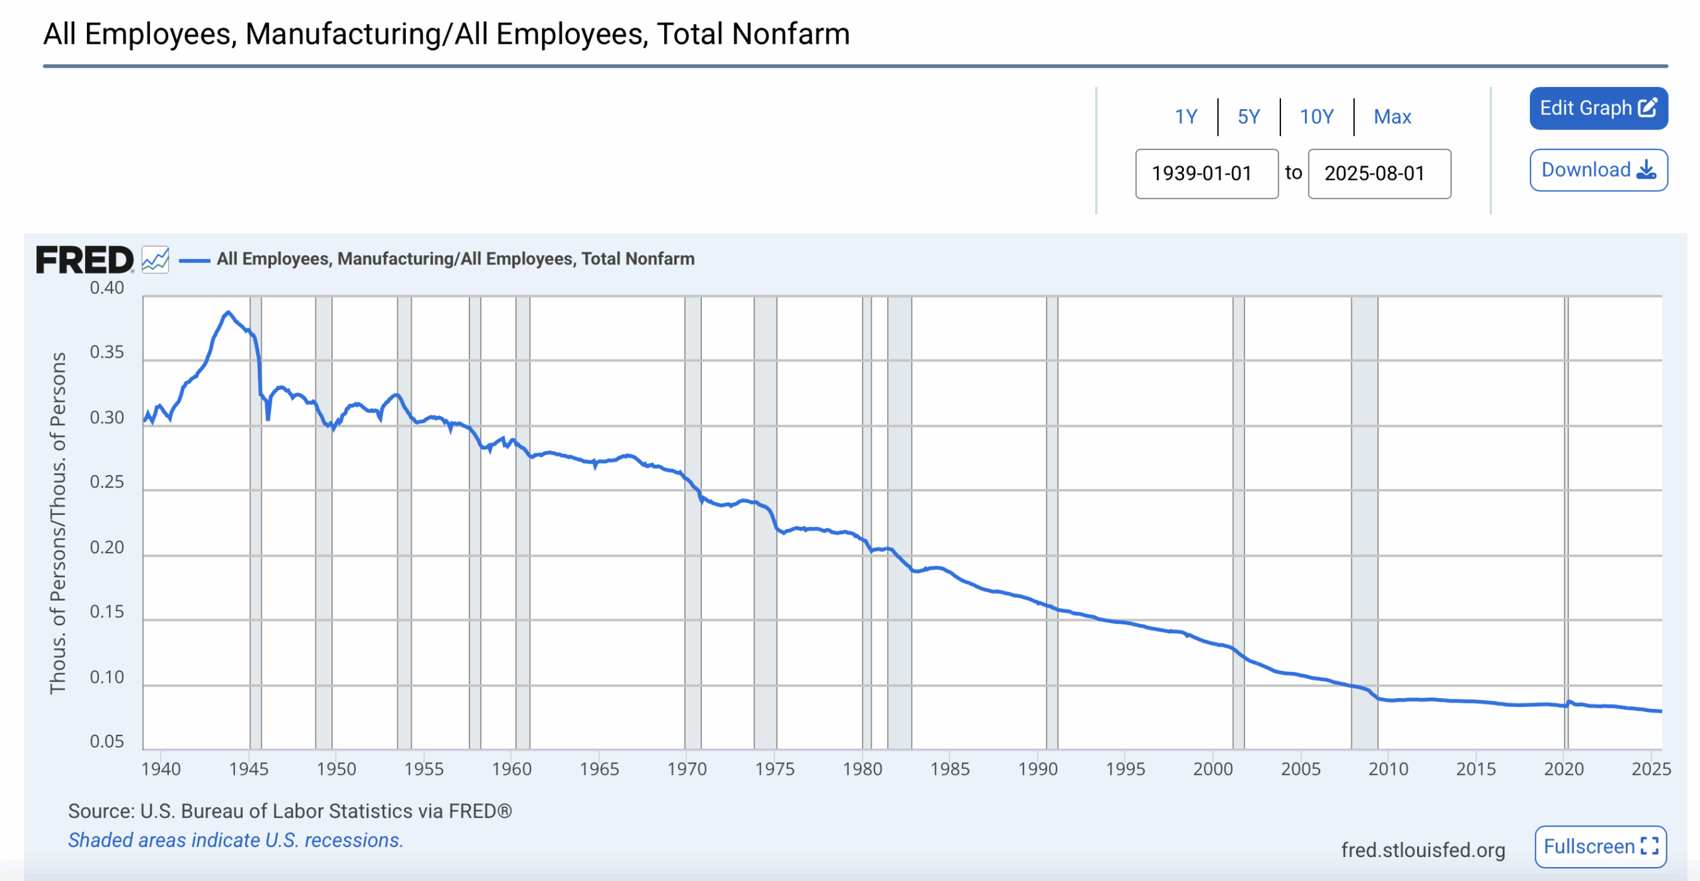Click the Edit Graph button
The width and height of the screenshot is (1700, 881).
pyautogui.click(x=1598, y=108)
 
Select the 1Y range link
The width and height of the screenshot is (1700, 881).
pyautogui.click(x=1185, y=117)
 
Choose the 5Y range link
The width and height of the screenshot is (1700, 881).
pyautogui.click(x=1248, y=117)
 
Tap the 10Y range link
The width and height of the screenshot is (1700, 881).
pyautogui.click(x=1316, y=117)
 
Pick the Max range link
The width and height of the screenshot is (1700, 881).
pyautogui.click(x=1392, y=117)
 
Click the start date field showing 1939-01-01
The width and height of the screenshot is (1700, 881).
pyautogui.click(x=1206, y=173)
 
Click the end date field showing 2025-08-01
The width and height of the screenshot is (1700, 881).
pyautogui.click(x=1379, y=173)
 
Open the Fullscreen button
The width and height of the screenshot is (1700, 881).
pyautogui.click(x=1600, y=846)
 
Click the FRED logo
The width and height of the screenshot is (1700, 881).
pyautogui.click(x=84, y=260)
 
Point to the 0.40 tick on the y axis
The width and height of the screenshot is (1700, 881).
pyautogui.click(x=107, y=288)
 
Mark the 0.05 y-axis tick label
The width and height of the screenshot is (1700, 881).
pyautogui.click(x=107, y=741)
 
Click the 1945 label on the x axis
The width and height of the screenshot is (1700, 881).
pyautogui.click(x=249, y=769)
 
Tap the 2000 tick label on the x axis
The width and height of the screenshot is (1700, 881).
pyautogui.click(x=1213, y=769)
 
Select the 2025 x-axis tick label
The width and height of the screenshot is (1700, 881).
pyautogui.click(x=1651, y=769)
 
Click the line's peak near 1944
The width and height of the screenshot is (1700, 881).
pyautogui.click(x=228, y=312)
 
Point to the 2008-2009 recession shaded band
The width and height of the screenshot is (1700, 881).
pyautogui.click(x=1364, y=518)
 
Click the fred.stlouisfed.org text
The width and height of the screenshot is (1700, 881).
pyautogui.click(x=1422, y=850)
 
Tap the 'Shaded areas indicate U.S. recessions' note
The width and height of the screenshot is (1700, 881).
pyautogui.click(x=236, y=840)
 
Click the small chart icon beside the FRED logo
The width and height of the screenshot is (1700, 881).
pyautogui.click(x=155, y=260)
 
